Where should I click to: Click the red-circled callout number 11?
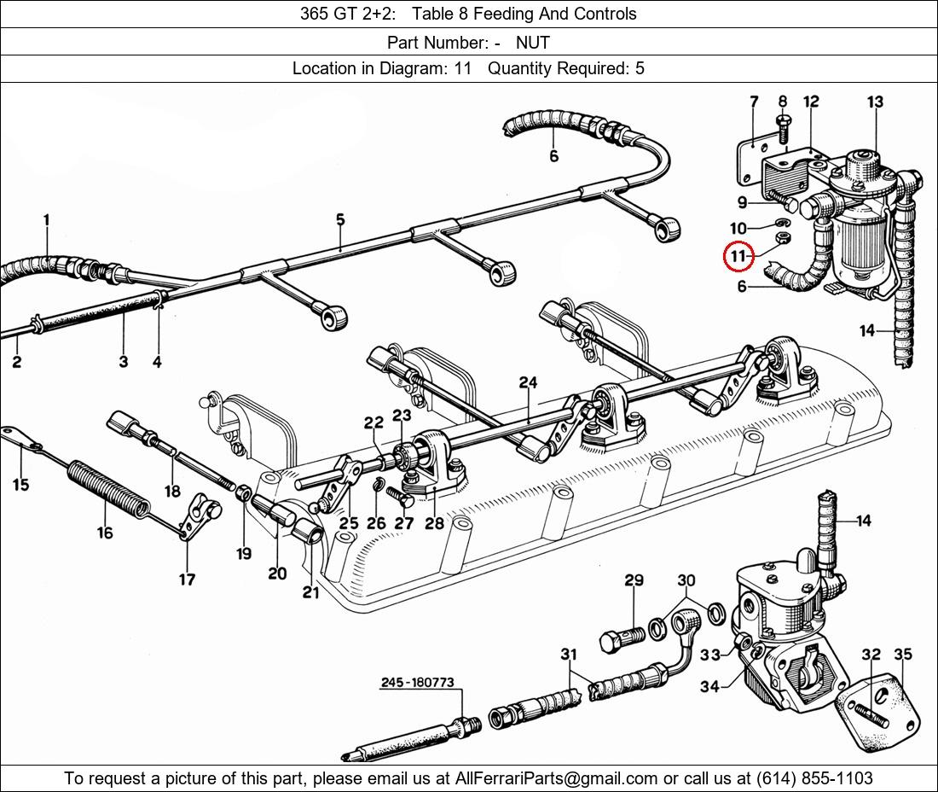pyautogui.click(x=738, y=255)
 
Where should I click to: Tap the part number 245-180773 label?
pyautogui.click(x=417, y=683)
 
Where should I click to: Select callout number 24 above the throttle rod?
pyautogui.click(x=528, y=382)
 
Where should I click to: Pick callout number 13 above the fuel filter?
pyautogui.click(x=875, y=102)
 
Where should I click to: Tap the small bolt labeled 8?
pyautogui.click(x=783, y=129)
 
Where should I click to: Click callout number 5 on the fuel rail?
pyautogui.click(x=340, y=220)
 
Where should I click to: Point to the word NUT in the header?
pyautogui.click(x=532, y=42)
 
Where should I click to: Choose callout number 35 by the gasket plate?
pyautogui.click(x=902, y=655)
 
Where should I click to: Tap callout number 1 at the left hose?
pyautogui.click(x=46, y=220)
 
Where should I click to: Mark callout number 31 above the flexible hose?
pyautogui.click(x=569, y=655)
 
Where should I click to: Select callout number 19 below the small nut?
pyautogui.click(x=244, y=553)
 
